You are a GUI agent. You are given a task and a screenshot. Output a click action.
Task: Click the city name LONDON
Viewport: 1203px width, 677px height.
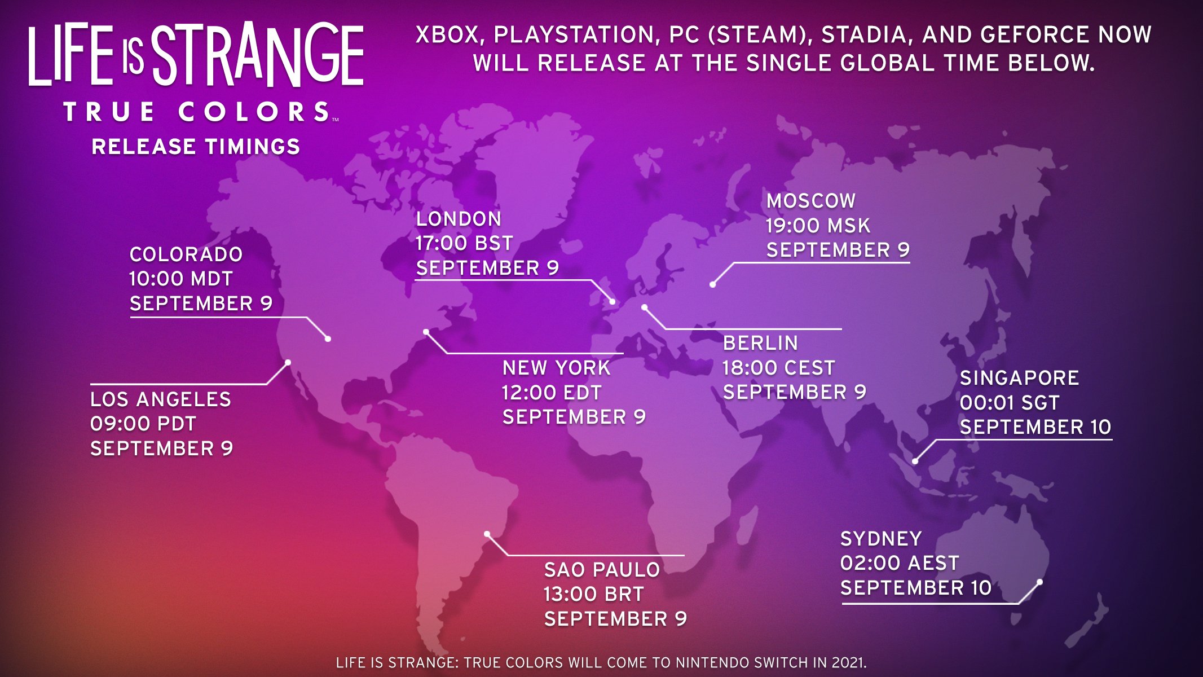point(459,219)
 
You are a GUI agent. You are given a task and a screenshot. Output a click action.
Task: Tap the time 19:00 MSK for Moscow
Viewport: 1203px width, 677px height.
point(818,226)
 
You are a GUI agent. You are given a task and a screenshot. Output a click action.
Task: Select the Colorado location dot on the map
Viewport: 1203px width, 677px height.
point(328,338)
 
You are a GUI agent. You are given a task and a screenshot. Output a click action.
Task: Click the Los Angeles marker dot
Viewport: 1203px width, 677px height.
point(288,362)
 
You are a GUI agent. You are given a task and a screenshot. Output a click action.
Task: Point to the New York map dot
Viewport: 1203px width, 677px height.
point(426,332)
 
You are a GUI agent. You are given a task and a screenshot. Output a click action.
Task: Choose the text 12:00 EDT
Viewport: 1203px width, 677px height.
point(552,393)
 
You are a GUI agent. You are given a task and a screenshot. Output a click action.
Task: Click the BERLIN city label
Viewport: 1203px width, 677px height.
point(760,343)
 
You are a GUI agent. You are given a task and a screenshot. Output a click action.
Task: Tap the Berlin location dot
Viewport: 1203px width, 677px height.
point(644,307)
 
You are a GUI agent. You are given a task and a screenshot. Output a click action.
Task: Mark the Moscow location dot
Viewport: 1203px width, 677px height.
point(713,284)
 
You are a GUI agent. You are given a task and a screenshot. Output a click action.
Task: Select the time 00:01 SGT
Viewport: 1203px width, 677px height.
point(1010,403)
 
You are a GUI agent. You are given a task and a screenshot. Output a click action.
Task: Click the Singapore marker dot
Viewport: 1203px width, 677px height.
point(915,461)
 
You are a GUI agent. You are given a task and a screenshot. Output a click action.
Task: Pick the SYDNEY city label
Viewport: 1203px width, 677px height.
point(881,539)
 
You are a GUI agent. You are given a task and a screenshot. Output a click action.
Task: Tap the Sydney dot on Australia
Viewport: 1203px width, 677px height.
point(1039,582)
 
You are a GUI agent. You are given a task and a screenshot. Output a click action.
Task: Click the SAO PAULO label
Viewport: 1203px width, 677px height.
point(602,570)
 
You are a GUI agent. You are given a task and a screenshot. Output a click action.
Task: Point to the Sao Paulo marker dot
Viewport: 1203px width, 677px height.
point(487,534)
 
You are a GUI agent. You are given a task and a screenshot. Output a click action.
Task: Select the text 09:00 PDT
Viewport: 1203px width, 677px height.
point(143,424)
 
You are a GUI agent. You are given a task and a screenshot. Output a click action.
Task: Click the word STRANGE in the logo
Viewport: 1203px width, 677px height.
point(258,55)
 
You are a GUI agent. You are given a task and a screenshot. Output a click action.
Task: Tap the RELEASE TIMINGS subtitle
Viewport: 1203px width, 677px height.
point(196,147)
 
